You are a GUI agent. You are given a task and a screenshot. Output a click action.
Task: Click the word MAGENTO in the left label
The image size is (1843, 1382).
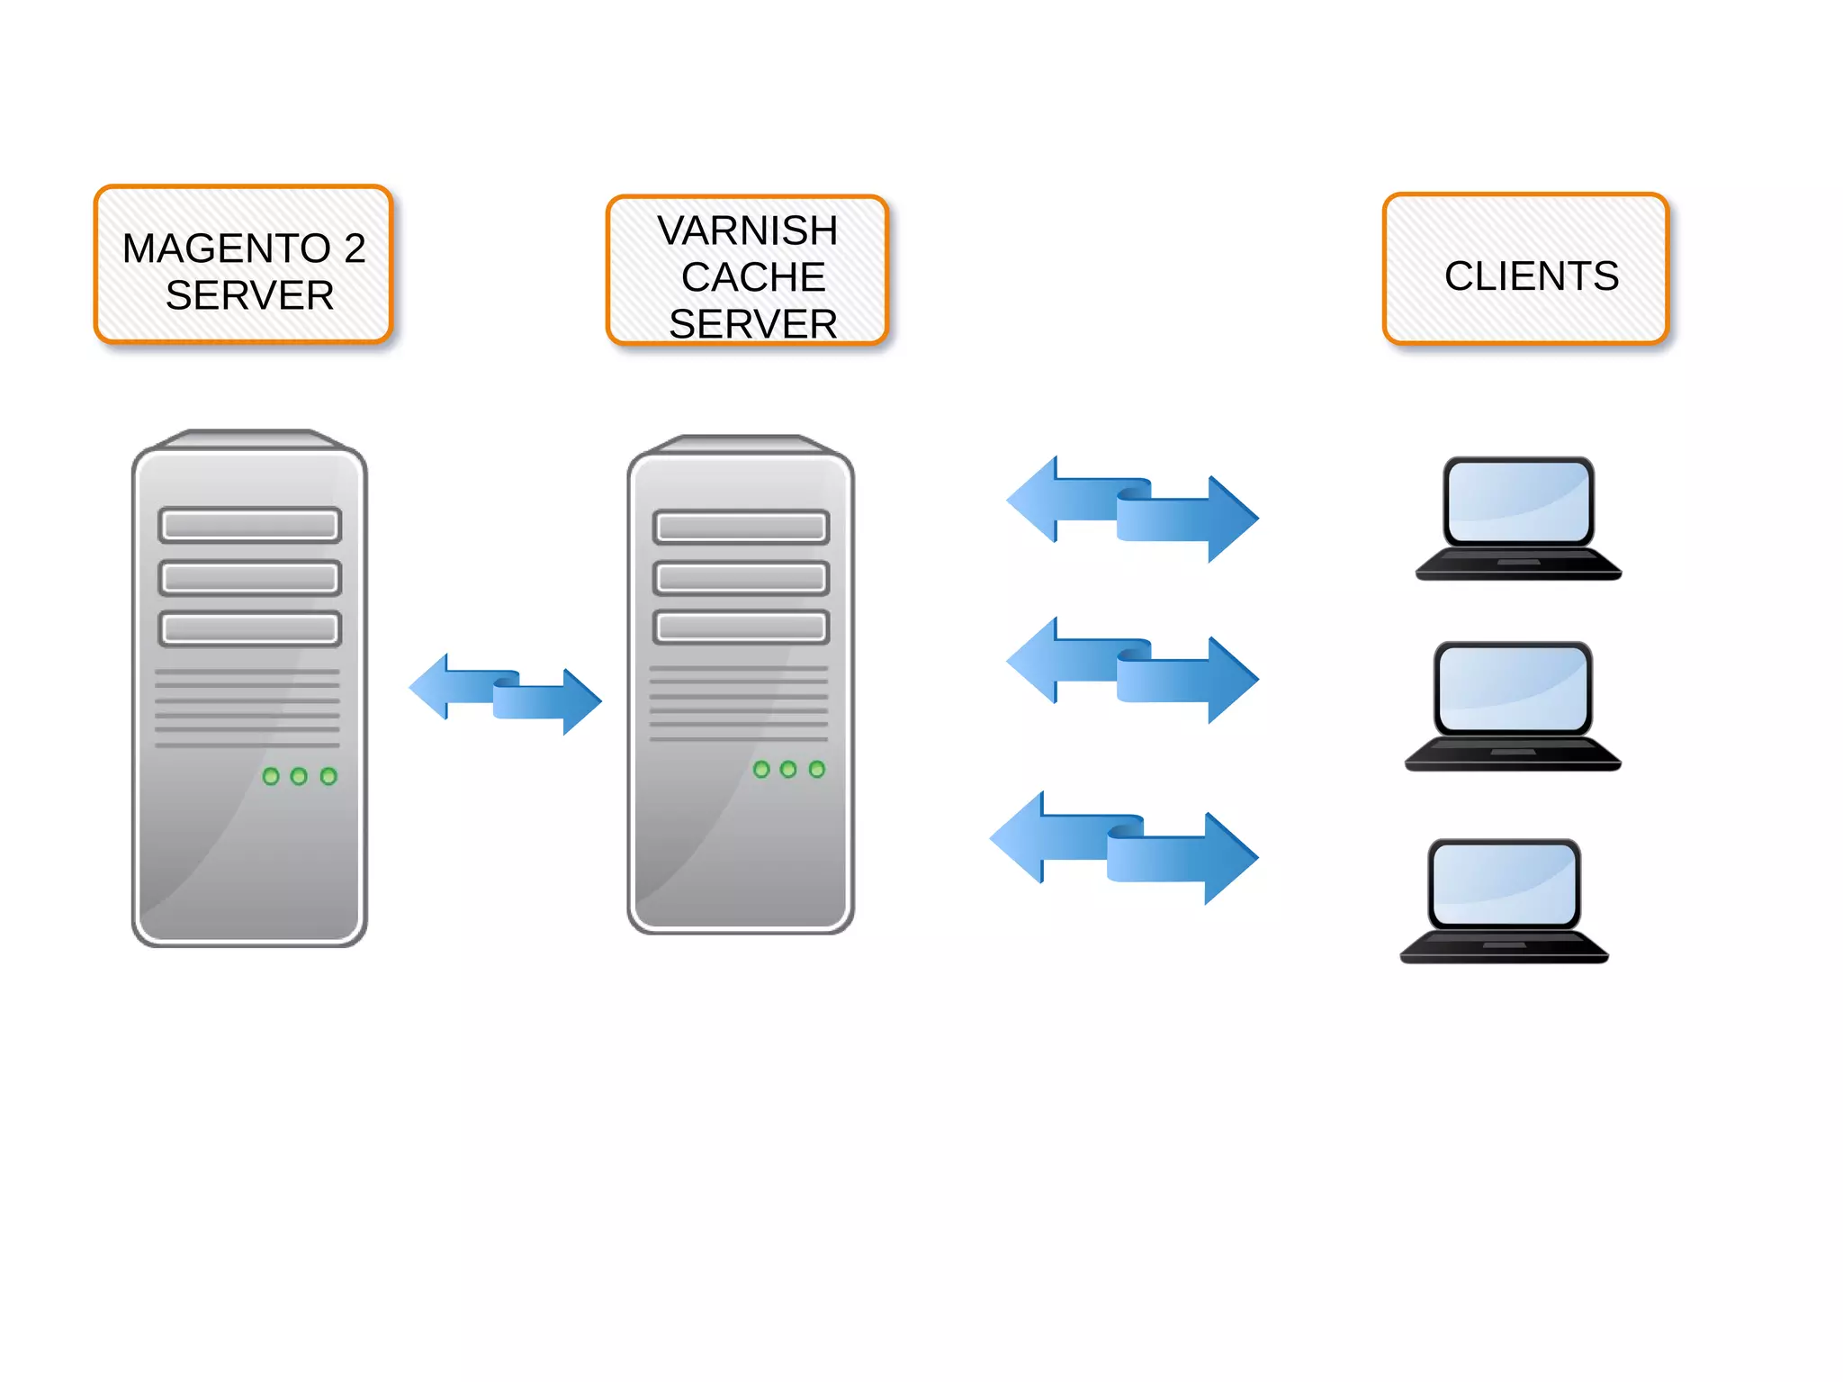(x=226, y=248)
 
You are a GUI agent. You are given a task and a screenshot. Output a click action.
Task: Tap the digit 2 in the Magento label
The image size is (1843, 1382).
(x=355, y=248)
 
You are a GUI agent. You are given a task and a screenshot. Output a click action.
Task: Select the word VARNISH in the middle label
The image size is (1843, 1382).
(x=747, y=230)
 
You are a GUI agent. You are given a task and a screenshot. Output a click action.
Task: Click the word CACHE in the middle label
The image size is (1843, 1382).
(x=753, y=277)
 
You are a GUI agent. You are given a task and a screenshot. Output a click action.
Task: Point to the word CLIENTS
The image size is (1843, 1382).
(x=1532, y=276)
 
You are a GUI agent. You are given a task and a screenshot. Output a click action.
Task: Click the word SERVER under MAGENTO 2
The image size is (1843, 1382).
(x=249, y=296)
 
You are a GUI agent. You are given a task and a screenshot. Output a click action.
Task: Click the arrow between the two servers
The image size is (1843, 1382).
(x=505, y=694)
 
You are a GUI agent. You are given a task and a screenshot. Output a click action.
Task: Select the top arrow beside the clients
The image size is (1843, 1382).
(x=1132, y=509)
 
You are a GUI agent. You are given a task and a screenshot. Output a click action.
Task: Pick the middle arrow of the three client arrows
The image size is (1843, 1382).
(x=1132, y=671)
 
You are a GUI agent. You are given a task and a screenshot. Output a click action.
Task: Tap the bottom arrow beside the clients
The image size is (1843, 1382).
(x=1123, y=847)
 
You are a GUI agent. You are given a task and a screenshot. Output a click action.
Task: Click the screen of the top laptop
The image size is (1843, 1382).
(x=1518, y=501)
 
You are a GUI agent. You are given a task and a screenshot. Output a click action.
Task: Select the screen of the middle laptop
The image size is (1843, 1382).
(x=1513, y=689)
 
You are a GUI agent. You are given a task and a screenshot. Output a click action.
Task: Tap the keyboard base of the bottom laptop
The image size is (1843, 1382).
(x=1503, y=947)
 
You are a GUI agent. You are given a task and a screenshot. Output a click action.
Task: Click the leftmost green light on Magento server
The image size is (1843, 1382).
(x=271, y=776)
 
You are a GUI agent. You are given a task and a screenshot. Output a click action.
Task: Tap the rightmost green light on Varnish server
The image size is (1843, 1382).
(x=816, y=769)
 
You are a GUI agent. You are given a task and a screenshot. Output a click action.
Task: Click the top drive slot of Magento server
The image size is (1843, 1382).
(x=249, y=525)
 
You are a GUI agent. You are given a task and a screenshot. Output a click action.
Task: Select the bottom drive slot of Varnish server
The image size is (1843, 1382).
(x=741, y=628)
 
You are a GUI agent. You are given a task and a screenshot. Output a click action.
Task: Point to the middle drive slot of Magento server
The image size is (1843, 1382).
(x=249, y=577)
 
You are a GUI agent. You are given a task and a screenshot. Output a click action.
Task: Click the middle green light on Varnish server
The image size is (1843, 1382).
(x=788, y=769)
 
